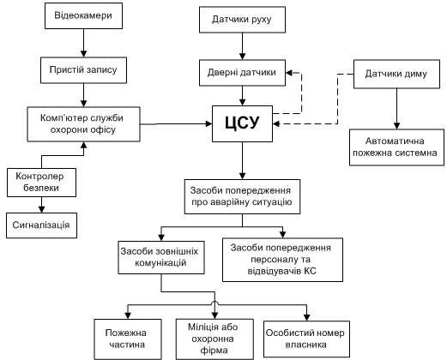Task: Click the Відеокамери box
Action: click(x=83, y=15)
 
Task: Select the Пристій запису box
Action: click(x=83, y=70)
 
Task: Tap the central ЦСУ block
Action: click(x=242, y=123)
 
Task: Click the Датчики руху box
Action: click(x=242, y=20)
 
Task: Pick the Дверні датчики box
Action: click(x=242, y=73)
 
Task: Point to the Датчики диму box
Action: click(x=396, y=74)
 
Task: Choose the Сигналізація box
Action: click(x=41, y=225)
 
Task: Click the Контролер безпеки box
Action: click(x=41, y=183)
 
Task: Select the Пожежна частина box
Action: click(x=128, y=339)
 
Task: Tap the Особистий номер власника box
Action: click(x=306, y=339)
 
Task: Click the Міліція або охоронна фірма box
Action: click(x=214, y=339)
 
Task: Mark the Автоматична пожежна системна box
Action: click(x=396, y=147)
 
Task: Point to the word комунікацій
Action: click(x=160, y=262)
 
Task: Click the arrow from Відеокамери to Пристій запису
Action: click(x=83, y=43)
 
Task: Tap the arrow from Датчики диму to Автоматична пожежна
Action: click(x=396, y=109)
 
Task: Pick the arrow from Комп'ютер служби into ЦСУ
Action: click(x=176, y=124)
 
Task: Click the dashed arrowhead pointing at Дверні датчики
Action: click(x=289, y=73)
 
